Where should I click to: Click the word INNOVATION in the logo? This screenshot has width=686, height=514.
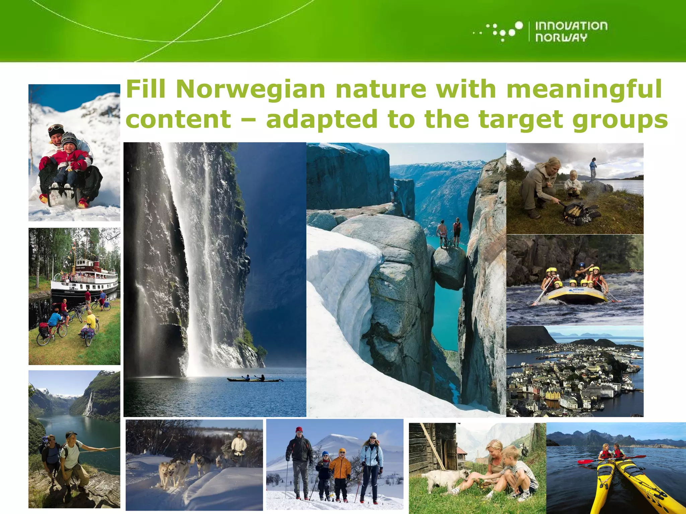[x=571, y=26]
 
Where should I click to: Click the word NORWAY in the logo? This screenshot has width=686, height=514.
[x=561, y=37]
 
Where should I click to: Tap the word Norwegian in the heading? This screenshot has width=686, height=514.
[x=250, y=89]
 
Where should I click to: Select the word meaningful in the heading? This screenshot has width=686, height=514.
[x=584, y=89]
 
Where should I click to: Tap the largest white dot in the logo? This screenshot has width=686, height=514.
[x=519, y=26]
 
